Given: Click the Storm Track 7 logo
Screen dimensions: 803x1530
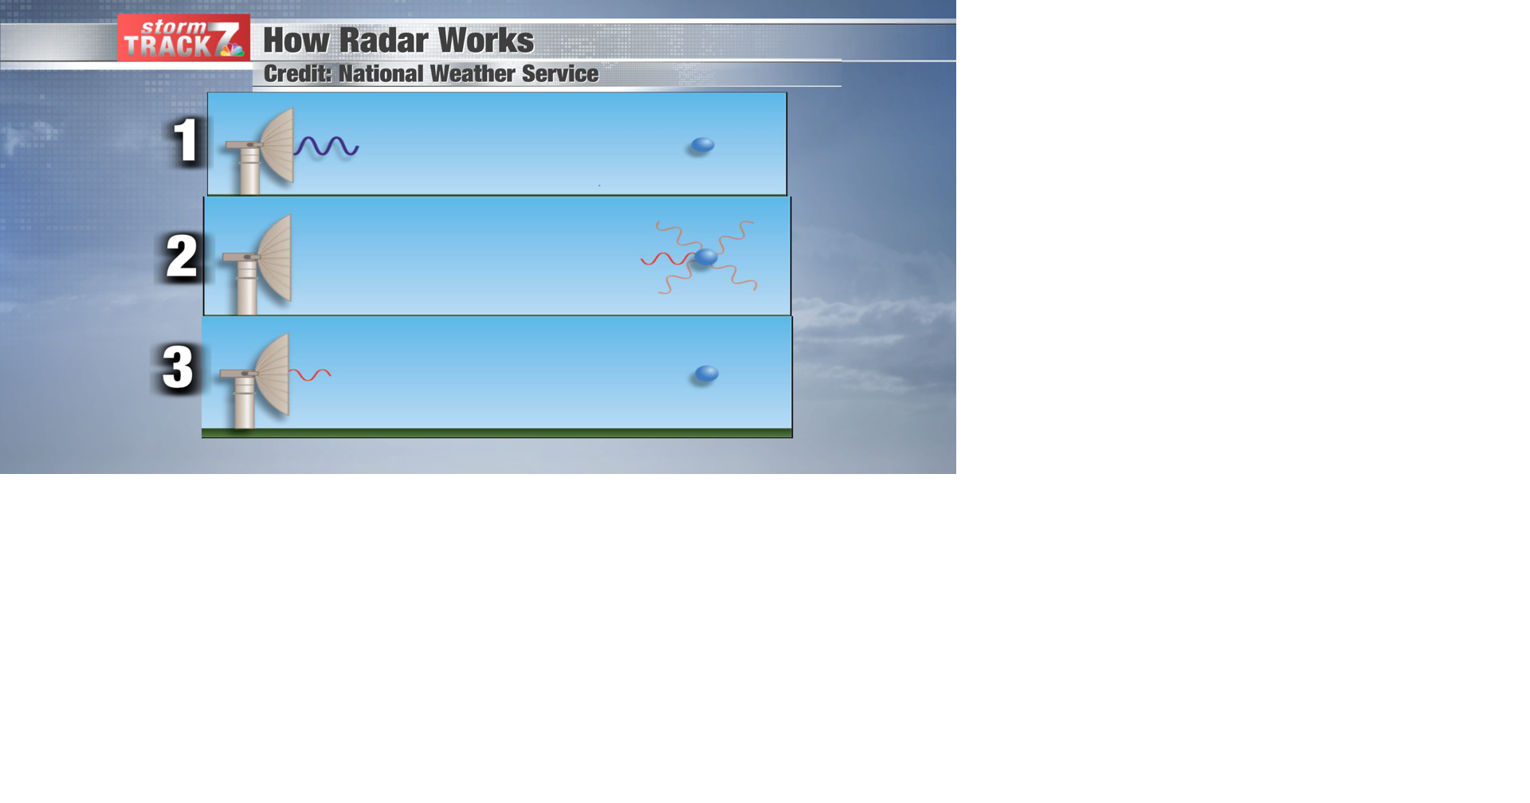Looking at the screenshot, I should [x=183, y=37].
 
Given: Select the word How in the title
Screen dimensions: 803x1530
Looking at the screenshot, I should [x=296, y=41].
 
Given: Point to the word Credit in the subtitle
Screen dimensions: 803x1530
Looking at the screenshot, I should [x=296, y=74].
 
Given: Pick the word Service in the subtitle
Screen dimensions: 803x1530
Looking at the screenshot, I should [x=559, y=74].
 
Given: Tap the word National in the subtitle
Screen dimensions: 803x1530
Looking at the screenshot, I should [x=381, y=74].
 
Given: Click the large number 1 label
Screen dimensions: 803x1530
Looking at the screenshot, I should [x=186, y=141].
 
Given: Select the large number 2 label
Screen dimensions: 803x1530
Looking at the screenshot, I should [x=182, y=257].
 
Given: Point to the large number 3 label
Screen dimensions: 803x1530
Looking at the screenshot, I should [x=178, y=367].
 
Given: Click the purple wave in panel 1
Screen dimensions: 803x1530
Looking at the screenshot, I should [x=327, y=147].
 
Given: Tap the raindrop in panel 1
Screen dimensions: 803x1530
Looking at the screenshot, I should [x=702, y=145].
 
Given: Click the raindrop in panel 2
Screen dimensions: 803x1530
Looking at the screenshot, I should [x=706, y=257].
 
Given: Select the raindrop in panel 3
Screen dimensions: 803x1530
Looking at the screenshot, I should [x=707, y=374].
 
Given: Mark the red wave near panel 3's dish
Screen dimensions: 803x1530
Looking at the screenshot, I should [x=310, y=374].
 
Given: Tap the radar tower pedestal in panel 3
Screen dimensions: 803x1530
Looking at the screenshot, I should [x=244, y=403].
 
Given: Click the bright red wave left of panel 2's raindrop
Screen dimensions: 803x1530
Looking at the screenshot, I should [x=666, y=259].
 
